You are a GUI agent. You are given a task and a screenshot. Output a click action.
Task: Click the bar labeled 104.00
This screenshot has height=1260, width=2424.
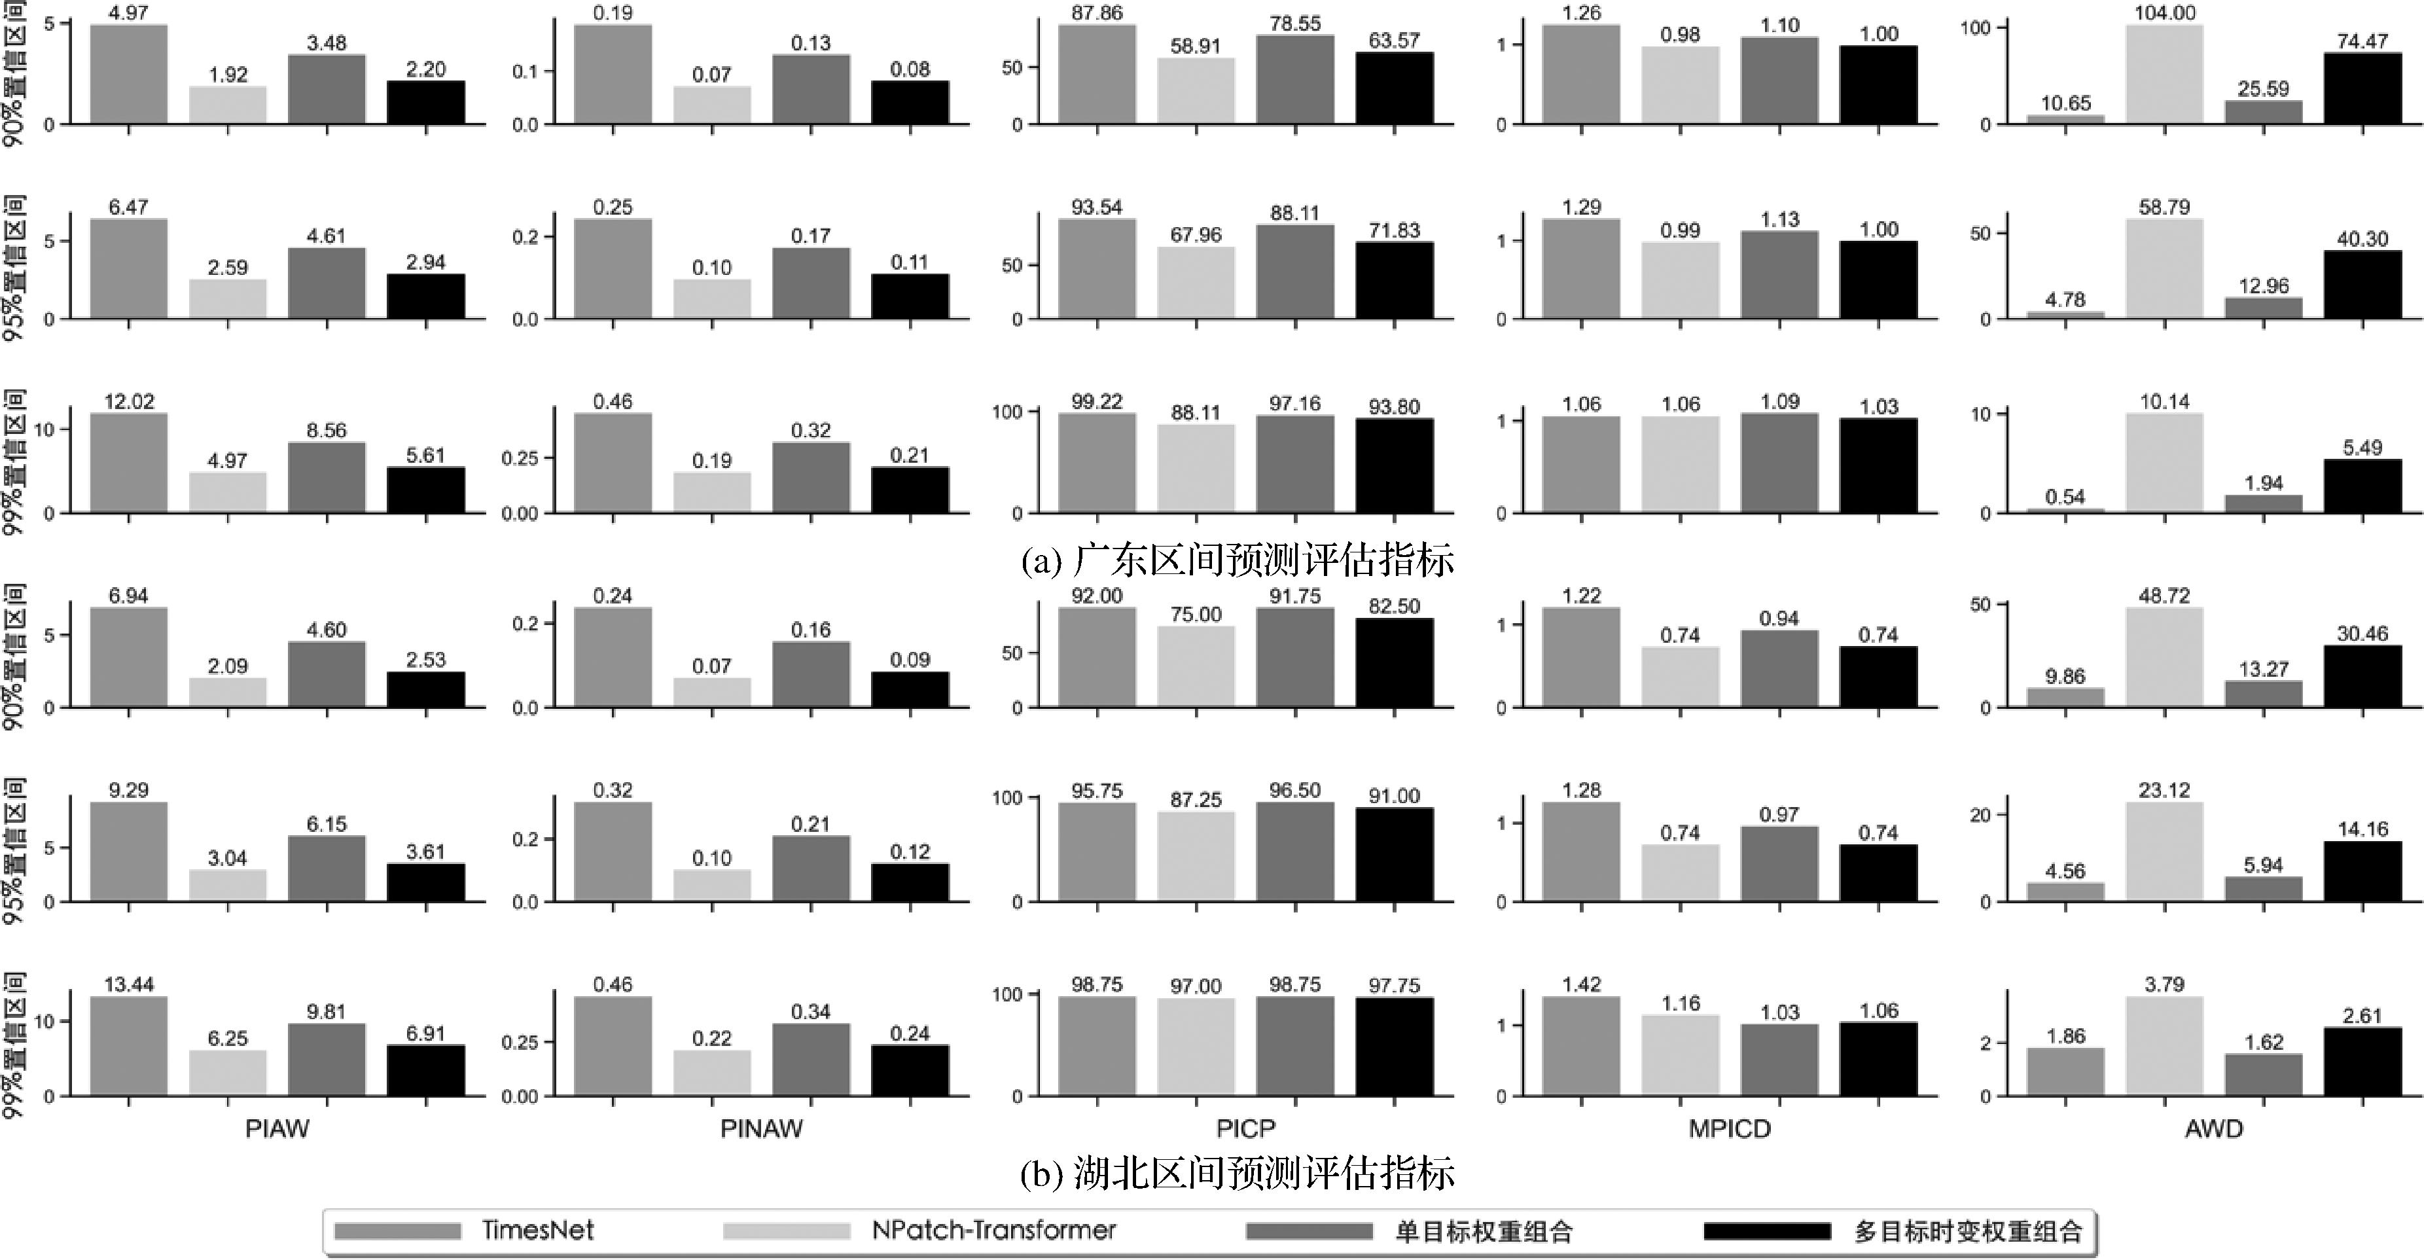2164,75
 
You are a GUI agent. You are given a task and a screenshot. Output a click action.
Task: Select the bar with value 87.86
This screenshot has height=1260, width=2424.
1097,75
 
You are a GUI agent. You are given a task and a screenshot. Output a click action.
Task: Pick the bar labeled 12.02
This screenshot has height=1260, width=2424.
129,463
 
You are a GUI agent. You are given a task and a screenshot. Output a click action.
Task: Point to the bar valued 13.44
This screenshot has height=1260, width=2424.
129,1047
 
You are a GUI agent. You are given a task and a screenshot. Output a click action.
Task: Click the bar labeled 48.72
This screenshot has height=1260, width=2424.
2164,657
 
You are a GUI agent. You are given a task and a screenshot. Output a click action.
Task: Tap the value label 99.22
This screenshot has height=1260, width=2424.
1097,402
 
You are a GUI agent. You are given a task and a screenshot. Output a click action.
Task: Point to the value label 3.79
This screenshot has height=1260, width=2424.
2164,984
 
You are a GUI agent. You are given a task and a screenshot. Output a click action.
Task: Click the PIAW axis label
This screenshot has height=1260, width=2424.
277,1128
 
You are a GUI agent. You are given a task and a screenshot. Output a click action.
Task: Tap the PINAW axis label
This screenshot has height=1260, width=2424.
761,1128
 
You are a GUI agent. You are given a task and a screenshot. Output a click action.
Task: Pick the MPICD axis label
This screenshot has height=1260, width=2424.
1730,1128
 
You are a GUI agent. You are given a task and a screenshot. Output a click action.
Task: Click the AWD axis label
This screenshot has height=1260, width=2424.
2213,1128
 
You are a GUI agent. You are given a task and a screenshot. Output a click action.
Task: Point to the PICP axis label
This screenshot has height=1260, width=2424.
1246,1128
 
